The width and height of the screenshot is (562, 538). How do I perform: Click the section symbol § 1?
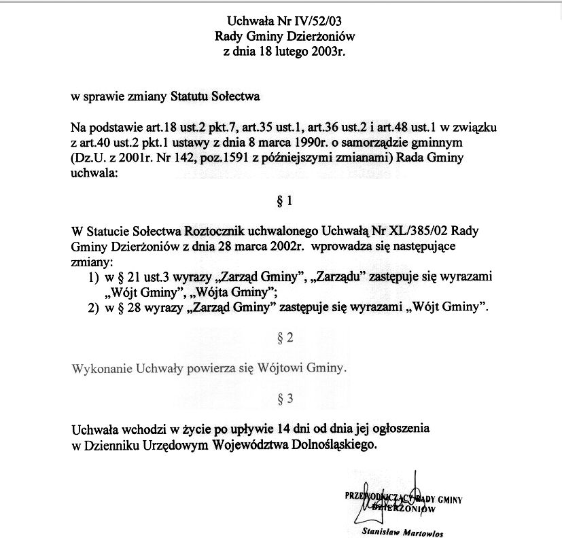(x=285, y=201)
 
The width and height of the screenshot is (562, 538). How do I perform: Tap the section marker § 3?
(x=285, y=399)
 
